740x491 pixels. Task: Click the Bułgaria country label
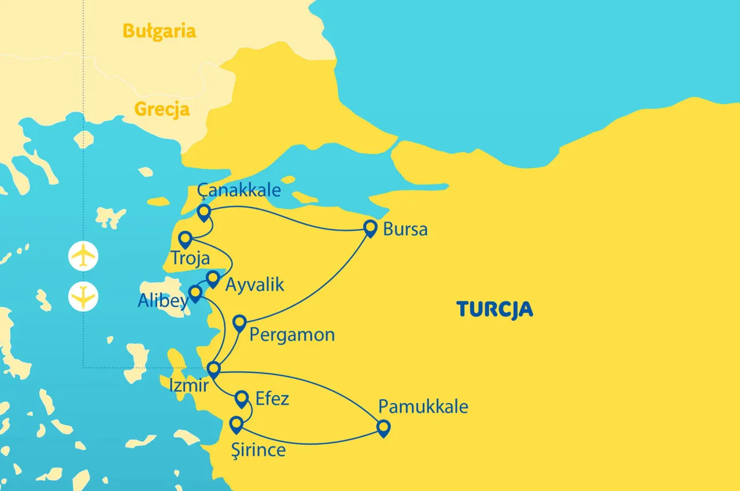(160, 31)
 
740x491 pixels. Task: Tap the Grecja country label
(162, 109)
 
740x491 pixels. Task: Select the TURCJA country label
(494, 309)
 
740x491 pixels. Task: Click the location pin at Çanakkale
(203, 212)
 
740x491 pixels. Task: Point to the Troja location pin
(185, 239)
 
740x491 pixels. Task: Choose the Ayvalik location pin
(213, 279)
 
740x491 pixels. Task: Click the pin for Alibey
(195, 293)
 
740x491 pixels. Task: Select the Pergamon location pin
(239, 323)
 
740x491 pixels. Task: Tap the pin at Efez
(242, 398)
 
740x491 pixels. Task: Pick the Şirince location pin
(236, 425)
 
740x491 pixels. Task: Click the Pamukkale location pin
(383, 428)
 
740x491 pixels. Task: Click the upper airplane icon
(83, 256)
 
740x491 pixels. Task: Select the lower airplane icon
(83, 297)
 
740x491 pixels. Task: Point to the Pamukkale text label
(423, 407)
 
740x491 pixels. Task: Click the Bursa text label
(405, 230)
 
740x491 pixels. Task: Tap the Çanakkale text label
(239, 190)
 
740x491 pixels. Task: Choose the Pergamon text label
(292, 334)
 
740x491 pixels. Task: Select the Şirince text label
(257, 450)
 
